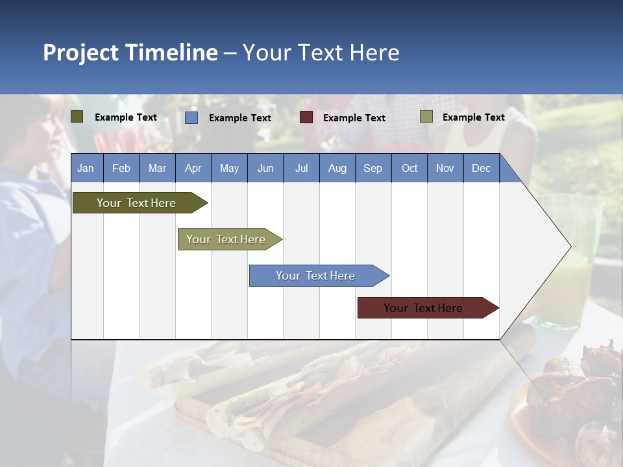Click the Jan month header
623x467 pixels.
(86, 168)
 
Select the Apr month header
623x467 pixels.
(193, 168)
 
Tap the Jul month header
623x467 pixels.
(301, 168)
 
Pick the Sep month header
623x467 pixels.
(373, 168)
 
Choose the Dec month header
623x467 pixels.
(481, 168)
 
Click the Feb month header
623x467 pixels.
(121, 168)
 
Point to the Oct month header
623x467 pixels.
(409, 168)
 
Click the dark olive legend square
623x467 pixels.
(77, 117)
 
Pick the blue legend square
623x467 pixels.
(191, 117)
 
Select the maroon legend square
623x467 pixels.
(306, 117)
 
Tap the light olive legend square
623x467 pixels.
(426, 117)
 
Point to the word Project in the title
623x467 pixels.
(81, 53)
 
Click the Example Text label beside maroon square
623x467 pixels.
(354, 118)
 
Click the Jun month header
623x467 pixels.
(265, 168)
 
